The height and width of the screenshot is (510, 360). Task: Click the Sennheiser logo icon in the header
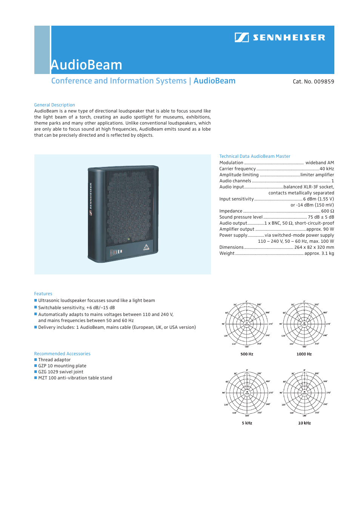click(242, 37)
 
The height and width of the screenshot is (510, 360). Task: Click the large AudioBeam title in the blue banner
click(86, 65)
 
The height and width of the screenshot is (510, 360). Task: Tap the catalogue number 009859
click(324, 82)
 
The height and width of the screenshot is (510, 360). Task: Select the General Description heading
click(54, 105)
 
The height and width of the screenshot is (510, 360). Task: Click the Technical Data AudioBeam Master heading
click(255, 156)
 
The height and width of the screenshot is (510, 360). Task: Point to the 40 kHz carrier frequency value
click(327, 169)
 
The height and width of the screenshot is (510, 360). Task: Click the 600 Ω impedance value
click(328, 211)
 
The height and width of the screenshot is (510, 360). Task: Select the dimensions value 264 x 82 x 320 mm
click(314, 247)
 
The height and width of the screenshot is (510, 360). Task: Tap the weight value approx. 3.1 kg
click(319, 253)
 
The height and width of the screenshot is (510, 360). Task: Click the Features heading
click(43, 294)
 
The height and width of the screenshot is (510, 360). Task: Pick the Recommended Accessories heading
click(62, 354)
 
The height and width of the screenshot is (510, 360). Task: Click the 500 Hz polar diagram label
click(247, 354)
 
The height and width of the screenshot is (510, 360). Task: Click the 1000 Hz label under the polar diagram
click(304, 354)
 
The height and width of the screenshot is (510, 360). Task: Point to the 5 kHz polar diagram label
click(247, 423)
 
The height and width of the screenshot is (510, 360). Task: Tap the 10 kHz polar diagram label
click(305, 423)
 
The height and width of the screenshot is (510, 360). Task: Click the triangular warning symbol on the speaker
click(146, 247)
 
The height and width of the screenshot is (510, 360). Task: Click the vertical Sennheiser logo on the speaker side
click(91, 199)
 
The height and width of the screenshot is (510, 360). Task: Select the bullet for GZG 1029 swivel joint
click(35, 372)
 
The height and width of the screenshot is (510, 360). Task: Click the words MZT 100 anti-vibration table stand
click(75, 378)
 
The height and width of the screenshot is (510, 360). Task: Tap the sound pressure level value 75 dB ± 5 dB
click(321, 217)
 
